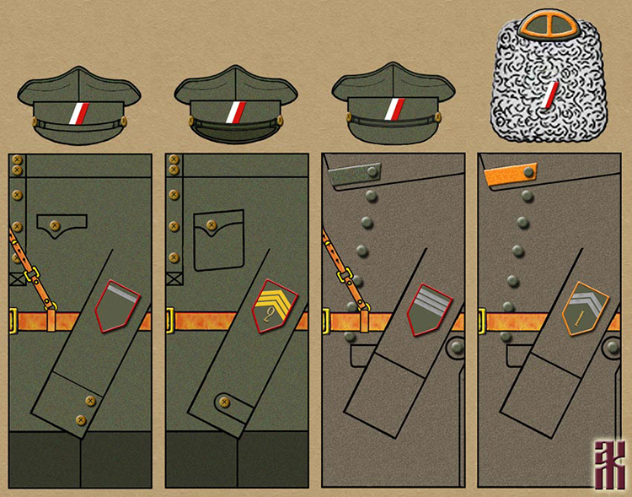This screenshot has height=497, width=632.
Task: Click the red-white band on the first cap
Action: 78,111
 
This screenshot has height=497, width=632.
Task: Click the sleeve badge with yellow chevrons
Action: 275,307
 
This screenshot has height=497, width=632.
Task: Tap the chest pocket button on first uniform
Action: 56,224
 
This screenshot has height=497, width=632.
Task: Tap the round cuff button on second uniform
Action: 223,402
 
